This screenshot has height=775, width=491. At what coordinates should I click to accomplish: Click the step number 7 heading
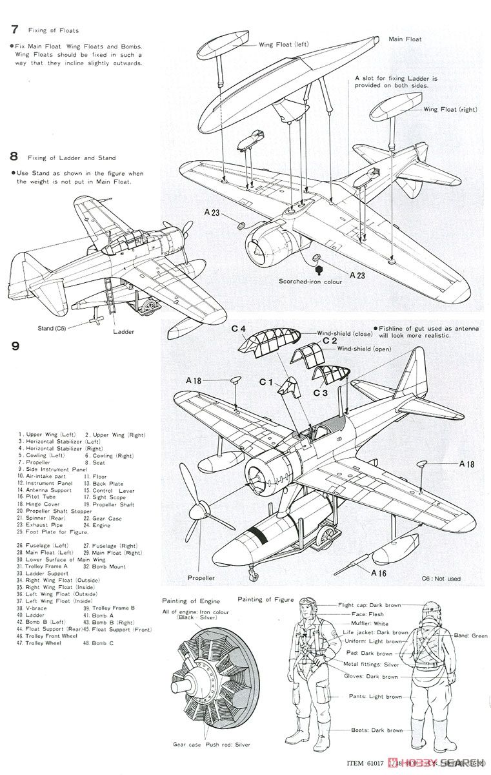(x=14, y=29)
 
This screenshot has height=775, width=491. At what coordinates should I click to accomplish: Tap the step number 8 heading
(x=14, y=156)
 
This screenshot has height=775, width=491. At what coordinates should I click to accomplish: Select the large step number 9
(x=15, y=346)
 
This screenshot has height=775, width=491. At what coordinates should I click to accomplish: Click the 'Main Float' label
(x=405, y=39)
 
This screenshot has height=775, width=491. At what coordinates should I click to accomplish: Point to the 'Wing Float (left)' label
(x=285, y=45)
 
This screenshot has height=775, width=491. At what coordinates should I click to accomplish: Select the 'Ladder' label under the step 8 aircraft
(x=123, y=332)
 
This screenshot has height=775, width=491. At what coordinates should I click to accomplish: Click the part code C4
(x=238, y=329)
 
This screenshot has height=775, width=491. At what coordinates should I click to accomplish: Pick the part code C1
(x=267, y=382)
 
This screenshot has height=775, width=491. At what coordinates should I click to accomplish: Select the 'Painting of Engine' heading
(x=188, y=600)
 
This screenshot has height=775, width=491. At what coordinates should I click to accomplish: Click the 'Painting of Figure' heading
(x=265, y=600)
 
